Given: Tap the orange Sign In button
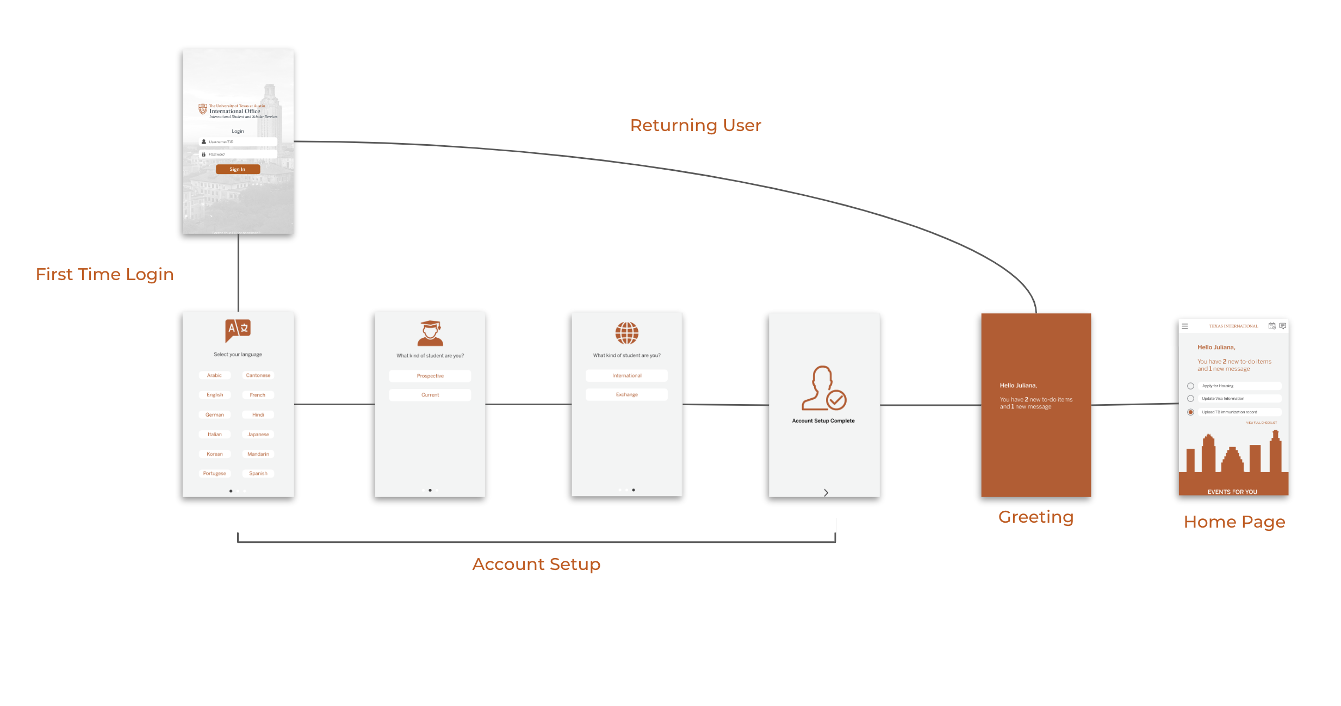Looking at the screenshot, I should point(238,169).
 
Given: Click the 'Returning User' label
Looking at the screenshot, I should point(696,125).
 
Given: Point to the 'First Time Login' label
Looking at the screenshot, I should point(105,274).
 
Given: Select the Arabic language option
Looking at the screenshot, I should point(214,375).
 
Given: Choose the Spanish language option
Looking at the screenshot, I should point(258,473).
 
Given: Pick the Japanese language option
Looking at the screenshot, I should point(258,434).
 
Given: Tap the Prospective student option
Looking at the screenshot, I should point(430,376).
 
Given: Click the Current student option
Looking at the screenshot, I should point(430,395).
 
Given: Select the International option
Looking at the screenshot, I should point(626,375).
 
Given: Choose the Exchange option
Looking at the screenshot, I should point(626,394).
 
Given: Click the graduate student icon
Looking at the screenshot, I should point(430,333).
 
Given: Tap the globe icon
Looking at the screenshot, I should point(626,333).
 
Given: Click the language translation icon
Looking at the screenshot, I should point(238,330).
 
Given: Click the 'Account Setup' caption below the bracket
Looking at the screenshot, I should point(536,564).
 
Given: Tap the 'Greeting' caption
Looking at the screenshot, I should point(1036,517).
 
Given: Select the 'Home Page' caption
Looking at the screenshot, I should point(1234,522).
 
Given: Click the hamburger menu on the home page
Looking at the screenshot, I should point(1185,326).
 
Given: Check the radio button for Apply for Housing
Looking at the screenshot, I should point(1190,386).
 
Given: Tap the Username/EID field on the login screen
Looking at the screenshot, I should point(239,142).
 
